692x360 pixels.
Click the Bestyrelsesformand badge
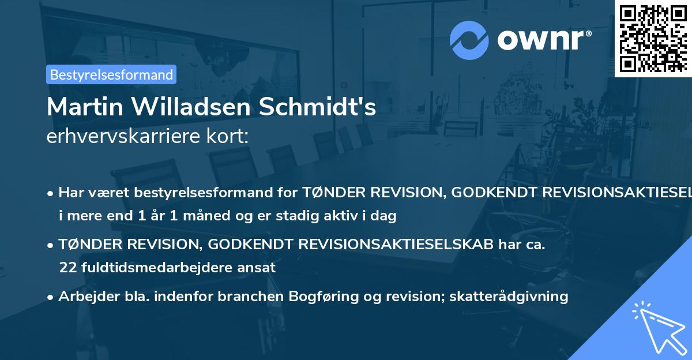tap(111, 74)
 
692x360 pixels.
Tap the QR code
tap(653, 38)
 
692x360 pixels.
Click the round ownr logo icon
tap(468, 40)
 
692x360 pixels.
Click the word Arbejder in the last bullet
tap(85, 297)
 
